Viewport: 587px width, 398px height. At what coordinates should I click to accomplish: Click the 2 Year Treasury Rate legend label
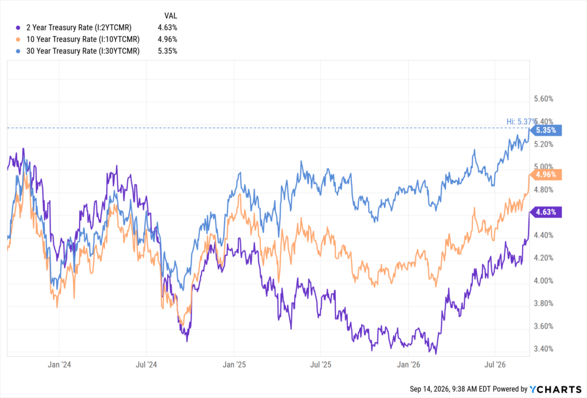pos(79,28)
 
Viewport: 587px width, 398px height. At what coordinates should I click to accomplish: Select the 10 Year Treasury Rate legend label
pos(83,40)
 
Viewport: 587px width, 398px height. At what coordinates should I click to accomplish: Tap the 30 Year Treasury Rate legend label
pos(83,51)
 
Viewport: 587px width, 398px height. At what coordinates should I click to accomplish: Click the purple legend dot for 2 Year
pos(18,28)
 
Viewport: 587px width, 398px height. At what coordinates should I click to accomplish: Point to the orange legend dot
pos(18,40)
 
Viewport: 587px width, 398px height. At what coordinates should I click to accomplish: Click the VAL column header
pos(171,15)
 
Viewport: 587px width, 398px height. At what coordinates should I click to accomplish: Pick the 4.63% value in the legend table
pos(167,28)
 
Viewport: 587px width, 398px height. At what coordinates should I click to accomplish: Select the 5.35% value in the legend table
pos(167,51)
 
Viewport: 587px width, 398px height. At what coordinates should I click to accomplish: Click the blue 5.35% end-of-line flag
pos(546,130)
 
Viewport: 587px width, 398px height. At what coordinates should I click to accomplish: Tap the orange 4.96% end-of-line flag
pos(546,174)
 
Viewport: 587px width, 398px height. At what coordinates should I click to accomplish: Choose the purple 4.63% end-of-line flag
pos(546,212)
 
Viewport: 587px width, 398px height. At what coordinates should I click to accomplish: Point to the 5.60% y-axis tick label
pos(543,99)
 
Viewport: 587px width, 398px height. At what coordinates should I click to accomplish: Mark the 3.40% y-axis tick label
pos(543,349)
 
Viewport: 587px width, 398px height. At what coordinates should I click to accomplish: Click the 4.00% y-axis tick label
pos(543,281)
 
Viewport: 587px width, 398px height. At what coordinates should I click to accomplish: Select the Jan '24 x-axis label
pos(59,365)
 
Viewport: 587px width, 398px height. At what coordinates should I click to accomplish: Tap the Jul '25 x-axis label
pos(321,365)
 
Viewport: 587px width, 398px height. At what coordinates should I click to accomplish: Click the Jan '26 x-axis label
pos(408,365)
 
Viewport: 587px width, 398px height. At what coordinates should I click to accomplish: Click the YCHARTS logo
pos(555,389)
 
